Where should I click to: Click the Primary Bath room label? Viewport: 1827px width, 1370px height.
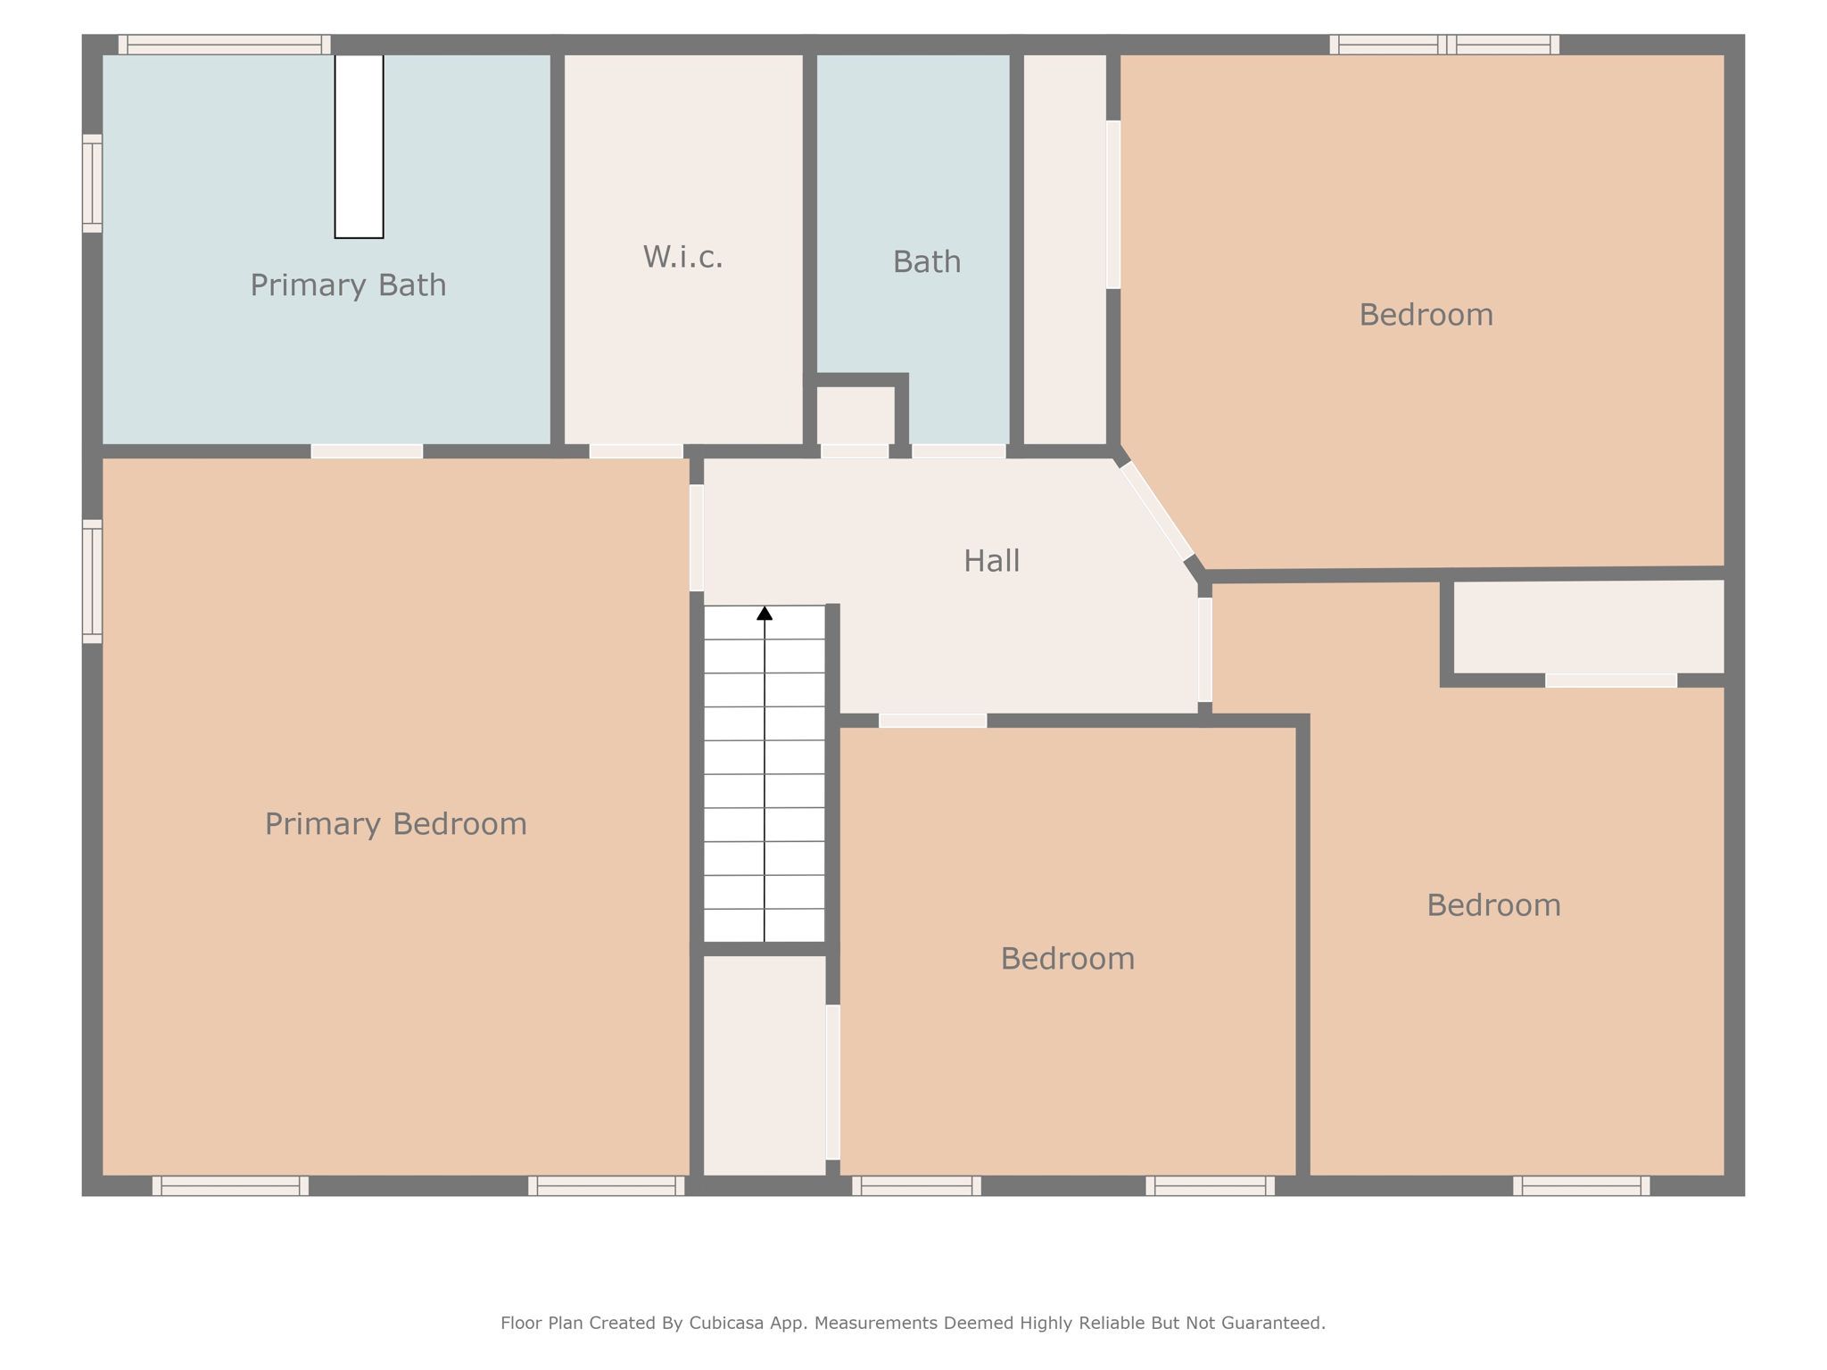348,285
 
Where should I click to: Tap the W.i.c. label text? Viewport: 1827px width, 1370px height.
682,257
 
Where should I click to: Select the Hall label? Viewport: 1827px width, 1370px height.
991,560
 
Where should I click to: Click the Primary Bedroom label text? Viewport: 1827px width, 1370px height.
396,824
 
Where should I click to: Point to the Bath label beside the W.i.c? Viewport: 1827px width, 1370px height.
927,261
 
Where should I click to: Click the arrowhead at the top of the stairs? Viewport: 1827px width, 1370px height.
765,613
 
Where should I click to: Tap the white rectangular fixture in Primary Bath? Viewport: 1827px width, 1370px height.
359,146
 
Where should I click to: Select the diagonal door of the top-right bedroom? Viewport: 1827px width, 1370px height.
1157,511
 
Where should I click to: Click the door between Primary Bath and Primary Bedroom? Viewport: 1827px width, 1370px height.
367,451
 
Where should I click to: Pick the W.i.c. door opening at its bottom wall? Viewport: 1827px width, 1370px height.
636,451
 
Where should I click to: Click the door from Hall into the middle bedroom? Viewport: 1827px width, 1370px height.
933,721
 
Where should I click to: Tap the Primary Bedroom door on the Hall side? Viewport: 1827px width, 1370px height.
697,538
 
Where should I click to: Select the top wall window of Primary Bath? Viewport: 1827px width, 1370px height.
225,45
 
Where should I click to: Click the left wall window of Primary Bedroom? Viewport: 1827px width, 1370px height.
93,582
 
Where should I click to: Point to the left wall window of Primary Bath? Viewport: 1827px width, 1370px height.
93,184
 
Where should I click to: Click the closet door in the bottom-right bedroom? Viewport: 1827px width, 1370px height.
1611,681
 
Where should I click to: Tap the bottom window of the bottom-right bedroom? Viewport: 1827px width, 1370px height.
1582,1185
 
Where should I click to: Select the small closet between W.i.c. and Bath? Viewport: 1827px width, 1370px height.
856,416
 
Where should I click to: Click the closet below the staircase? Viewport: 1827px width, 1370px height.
765,1065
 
